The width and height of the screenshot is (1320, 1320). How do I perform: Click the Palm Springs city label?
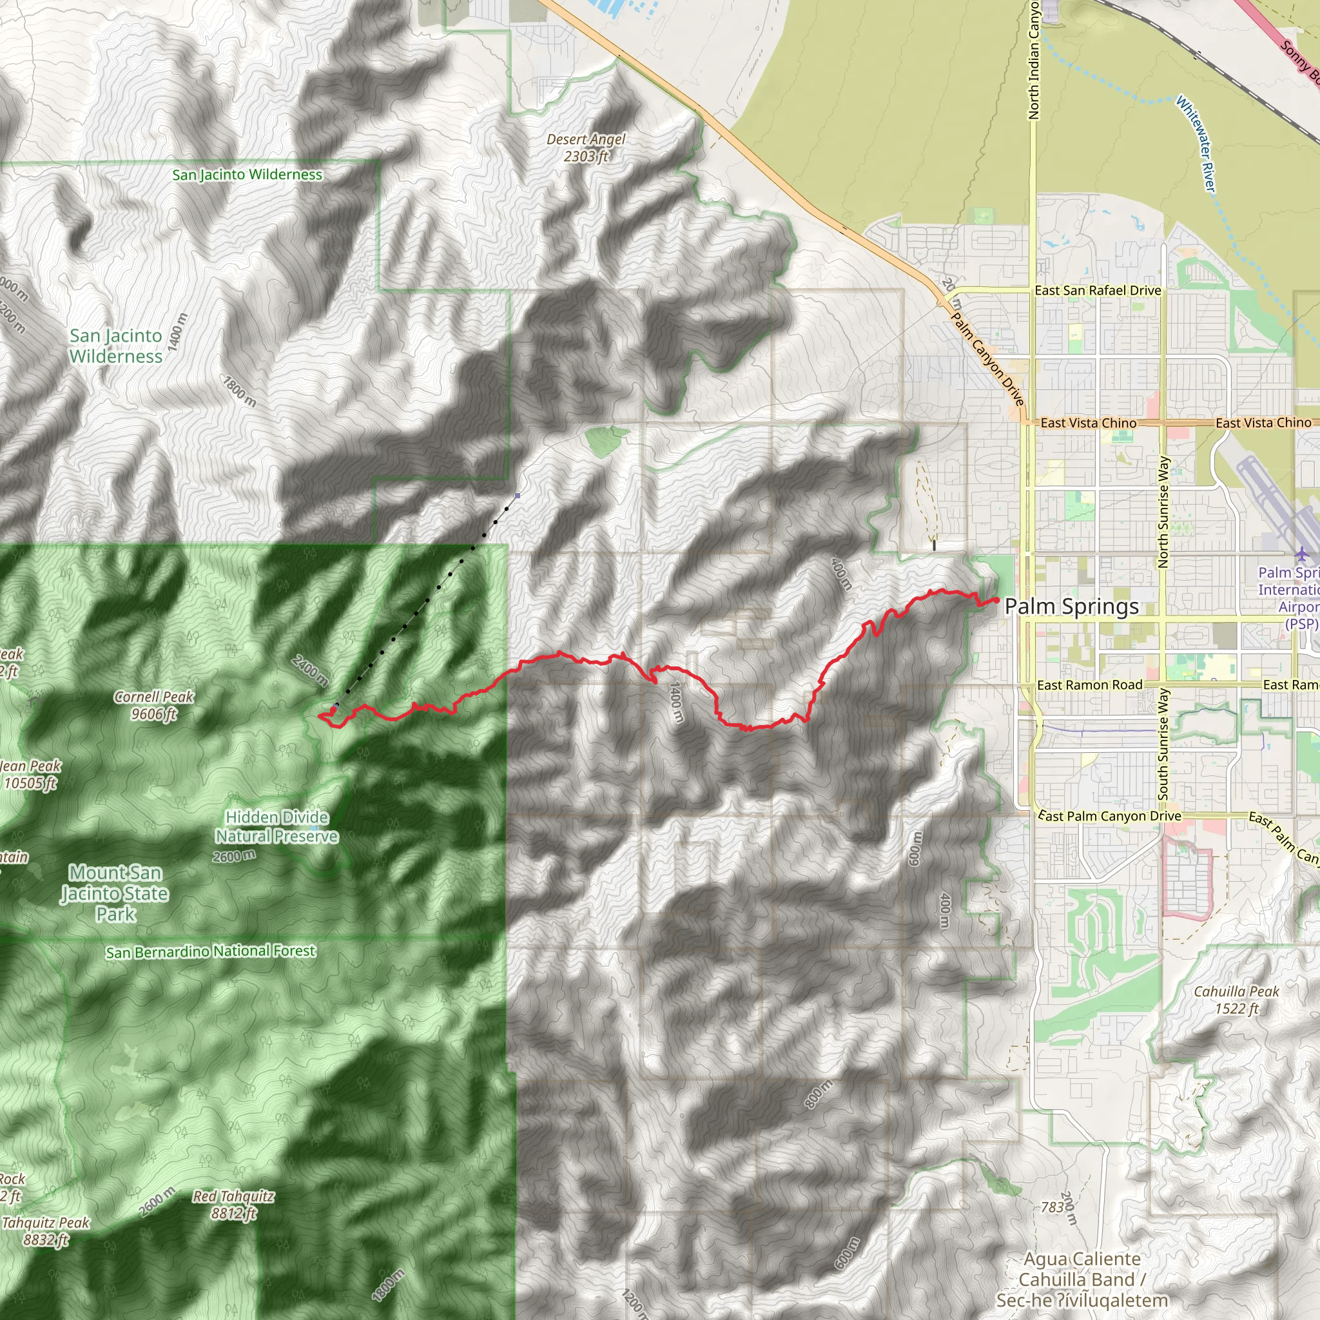pyautogui.click(x=1071, y=606)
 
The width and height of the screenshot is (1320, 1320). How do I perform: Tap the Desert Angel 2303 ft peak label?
pyautogui.click(x=585, y=148)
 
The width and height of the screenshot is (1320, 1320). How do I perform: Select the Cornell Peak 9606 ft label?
pyautogui.click(x=154, y=705)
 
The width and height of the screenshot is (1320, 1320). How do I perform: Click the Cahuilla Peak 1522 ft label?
pyautogui.click(x=1236, y=1000)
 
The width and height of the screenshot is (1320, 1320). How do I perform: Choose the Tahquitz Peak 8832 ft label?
pyautogui.click(x=46, y=1231)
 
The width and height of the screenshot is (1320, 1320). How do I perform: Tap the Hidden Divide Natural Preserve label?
pyautogui.click(x=277, y=827)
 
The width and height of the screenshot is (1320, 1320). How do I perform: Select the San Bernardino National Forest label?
pyautogui.click(x=210, y=951)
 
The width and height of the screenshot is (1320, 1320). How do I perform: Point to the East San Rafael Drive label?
pyautogui.click(x=1097, y=291)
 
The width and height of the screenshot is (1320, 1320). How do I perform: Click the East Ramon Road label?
pyautogui.click(x=1089, y=684)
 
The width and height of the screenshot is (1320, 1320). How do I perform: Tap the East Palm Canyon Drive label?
pyautogui.click(x=1110, y=816)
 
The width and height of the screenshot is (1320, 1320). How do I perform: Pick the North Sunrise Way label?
pyautogui.click(x=1163, y=512)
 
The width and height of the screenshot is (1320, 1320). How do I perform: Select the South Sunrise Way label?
pyautogui.click(x=1163, y=744)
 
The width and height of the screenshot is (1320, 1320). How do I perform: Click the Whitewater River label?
pyautogui.click(x=1196, y=144)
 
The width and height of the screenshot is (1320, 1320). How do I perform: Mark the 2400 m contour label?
pyautogui.click(x=309, y=670)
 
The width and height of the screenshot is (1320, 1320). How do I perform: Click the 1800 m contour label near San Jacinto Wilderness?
pyautogui.click(x=239, y=391)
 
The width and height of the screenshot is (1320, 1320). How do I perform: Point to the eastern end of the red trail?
pyautogui.click(x=997, y=600)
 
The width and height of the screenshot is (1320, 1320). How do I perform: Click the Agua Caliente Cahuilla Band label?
pyautogui.click(x=1082, y=1279)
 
